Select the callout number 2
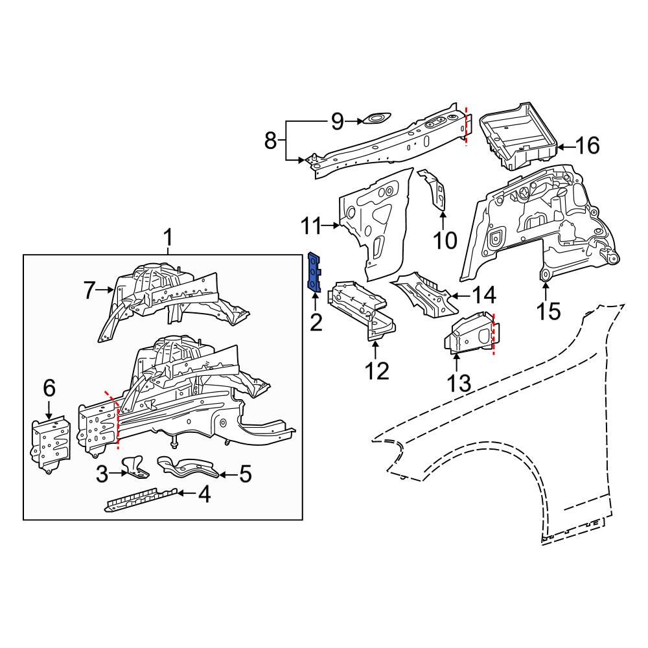316,322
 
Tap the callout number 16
588,146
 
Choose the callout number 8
271,140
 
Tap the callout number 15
548,311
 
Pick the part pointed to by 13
469,334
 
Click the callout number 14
483,296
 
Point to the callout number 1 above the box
168,239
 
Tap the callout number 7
89,291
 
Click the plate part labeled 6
51,443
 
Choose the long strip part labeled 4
140,500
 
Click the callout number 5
245,474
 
